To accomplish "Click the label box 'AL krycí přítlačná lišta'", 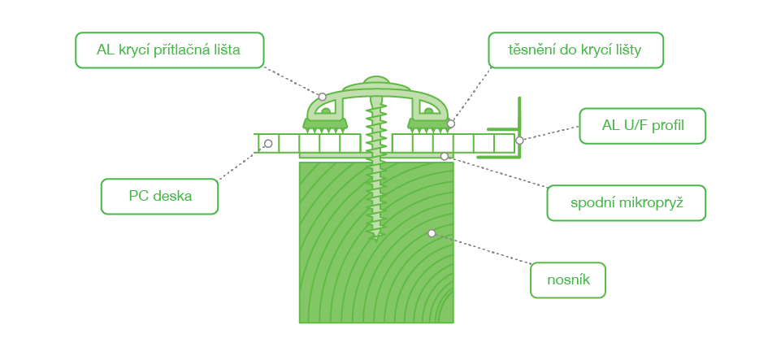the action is pos(169,50).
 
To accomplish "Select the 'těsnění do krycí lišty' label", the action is pos(575,50).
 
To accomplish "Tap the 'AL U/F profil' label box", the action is pos(643,126).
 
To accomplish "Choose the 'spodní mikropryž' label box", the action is pos(626,203).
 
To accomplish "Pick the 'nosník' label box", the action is pos(568,280).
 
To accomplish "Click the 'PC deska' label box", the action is pos(160,197).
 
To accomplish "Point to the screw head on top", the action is pos(376,81).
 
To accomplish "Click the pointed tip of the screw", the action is pos(376,241).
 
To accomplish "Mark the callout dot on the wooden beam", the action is pos(432,233).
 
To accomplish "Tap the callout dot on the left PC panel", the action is pos(268,143).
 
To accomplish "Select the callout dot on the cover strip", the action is pos(323,97).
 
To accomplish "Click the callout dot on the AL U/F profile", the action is pos(519,141).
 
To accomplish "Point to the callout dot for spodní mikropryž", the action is pos(445,156).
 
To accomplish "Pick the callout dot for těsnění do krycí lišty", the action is pos(451,124).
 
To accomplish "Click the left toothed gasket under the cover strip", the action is pos(325,125).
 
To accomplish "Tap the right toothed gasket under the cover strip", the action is pos(427,125).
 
